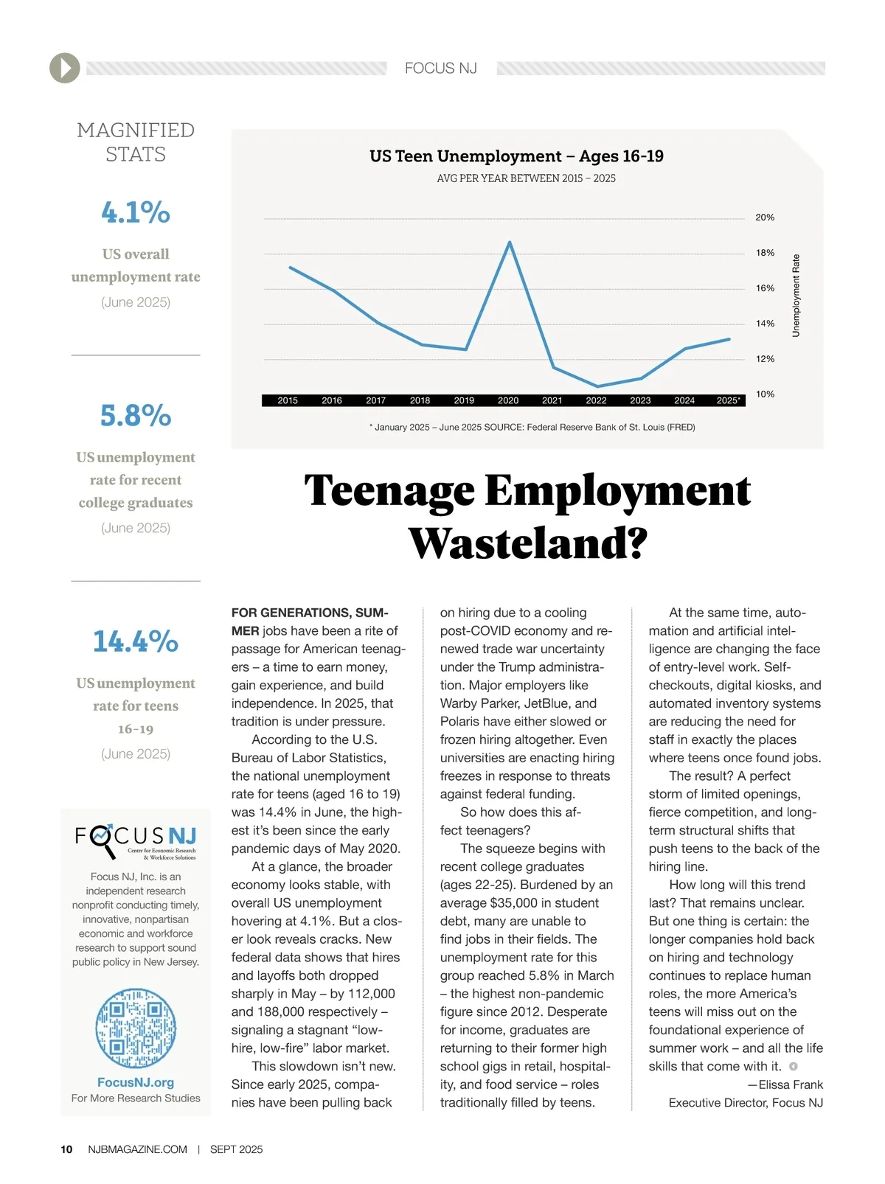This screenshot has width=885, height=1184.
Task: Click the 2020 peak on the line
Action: [x=509, y=243]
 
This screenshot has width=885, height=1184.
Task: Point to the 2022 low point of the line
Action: [x=597, y=386]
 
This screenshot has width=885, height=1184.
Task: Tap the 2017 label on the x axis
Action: [x=376, y=400]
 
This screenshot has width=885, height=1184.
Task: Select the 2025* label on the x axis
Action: [x=729, y=400]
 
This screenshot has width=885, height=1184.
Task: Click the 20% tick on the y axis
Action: [x=765, y=217]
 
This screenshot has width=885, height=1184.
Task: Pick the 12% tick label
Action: [x=765, y=359]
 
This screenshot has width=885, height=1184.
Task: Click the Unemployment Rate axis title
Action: [x=796, y=296]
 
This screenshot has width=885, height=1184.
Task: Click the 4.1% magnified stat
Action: [x=136, y=212]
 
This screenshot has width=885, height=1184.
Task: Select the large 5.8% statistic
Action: [x=136, y=416]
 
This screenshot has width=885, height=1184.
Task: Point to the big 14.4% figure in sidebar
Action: [x=136, y=641]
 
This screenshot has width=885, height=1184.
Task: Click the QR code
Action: [x=136, y=1028]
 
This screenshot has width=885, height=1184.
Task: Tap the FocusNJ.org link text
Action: [x=136, y=1082]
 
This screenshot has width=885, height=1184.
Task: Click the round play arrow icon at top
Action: [x=65, y=69]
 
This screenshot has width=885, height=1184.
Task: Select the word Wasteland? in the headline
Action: [x=528, y=544]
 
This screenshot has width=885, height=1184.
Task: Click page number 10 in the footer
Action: [x=66, y=1149]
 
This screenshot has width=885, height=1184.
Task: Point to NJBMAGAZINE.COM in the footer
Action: [x=137, y=1149]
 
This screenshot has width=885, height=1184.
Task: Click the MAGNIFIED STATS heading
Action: [x=136, y=142]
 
